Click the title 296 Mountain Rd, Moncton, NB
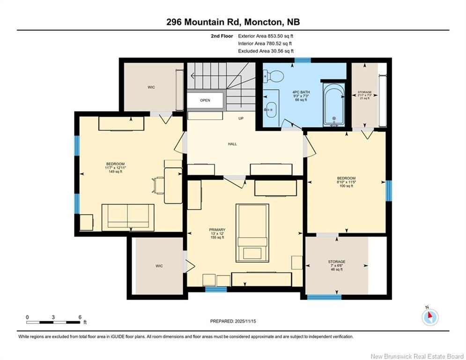(233, 22)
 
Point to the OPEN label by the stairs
(205, 100)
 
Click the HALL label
(232, 144)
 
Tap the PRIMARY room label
(217, 230)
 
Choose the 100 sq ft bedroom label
(346, 182)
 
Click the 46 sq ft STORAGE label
(336, 265)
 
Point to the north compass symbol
(429, 317)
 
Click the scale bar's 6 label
(80, 317)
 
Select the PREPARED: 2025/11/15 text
(233, 321)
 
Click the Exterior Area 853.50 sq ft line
(266, 36)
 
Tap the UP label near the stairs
(241, 118)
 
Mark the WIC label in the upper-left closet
(151, 87)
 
